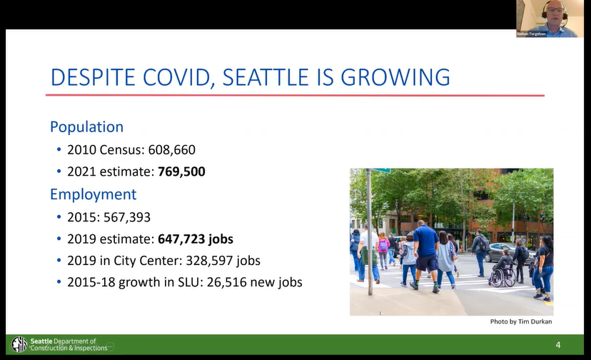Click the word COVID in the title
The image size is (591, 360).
(x=176, y=77)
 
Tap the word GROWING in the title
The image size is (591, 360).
(x=395, y=77)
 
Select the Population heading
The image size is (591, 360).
(x=86, y=127)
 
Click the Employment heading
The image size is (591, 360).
(x=93, y=194)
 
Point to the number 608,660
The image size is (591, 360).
(x=172, y=150)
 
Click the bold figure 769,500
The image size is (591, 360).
(x=182, y=171)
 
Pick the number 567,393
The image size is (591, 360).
(x=127, y=217)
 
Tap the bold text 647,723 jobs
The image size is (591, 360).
(x=196, y=239)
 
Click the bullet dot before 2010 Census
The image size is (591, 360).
(x=59, y=150)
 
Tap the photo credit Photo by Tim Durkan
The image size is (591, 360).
(x=521, y=321)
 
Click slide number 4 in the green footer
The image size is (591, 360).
(x=558, y=344)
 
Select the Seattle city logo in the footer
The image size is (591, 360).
(x=19, y=344)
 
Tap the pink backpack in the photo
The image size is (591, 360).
(x=383, y=245)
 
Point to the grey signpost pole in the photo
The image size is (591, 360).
(x=370, y=231)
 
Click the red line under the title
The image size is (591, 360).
(x=295, y=96)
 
